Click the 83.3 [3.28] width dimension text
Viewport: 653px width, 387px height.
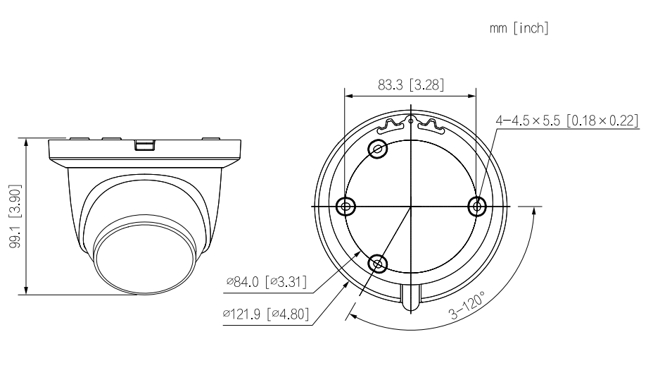point(411,85)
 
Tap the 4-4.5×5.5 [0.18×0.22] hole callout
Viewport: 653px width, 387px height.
point(567,121)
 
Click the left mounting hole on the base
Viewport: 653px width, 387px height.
point(345,206)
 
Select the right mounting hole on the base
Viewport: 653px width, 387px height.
point(477,206)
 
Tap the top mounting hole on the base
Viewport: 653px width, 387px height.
point(379,149)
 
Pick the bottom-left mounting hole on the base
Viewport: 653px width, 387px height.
point(379,264)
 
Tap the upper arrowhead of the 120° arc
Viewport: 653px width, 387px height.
point(535,211)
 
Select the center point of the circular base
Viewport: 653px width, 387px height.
point(411,206)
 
